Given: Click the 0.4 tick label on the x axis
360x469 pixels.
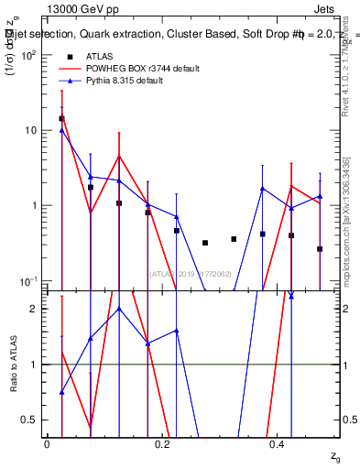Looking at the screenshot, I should tap(278, 442).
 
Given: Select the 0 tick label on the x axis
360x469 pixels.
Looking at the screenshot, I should tap(47, 442).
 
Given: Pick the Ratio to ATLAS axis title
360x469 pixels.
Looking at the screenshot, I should tap(14, 365).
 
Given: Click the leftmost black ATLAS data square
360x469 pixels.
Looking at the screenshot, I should tap(61, 118).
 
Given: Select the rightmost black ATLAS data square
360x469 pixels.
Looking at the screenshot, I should tap(320, 249).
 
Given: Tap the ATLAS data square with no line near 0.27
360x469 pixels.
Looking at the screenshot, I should tap(205, 243).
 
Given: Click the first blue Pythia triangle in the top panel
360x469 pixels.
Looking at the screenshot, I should tap(61, 130).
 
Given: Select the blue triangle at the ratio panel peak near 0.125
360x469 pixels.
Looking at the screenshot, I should tap(119, 309).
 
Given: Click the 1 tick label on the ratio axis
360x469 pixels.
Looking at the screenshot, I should tap(35, 365).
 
